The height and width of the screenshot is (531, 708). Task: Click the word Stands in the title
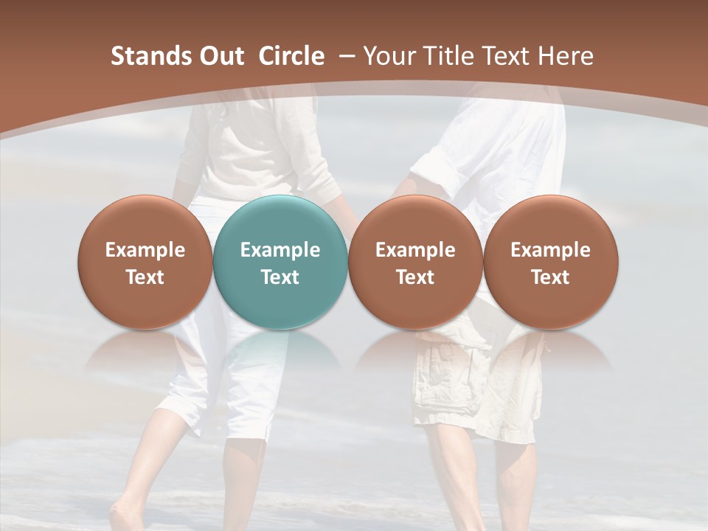tap(152, 56)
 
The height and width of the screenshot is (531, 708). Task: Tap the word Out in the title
tap(221, 56)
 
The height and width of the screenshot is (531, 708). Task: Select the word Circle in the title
tap(291, 56)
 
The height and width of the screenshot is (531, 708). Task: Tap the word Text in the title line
tap(506, 56)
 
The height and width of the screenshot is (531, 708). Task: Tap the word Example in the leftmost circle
tap(145, 250)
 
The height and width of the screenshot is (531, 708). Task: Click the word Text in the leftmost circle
tap(145, 277)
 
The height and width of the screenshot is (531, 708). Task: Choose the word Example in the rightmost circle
tap(550, 250)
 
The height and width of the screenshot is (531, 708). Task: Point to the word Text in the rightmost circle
tap(550, 277)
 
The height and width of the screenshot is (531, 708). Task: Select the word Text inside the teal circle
tap(280, 277)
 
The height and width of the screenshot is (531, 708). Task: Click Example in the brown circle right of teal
tap(415, 250)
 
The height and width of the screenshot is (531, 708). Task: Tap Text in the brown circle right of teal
tap(415, 277)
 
